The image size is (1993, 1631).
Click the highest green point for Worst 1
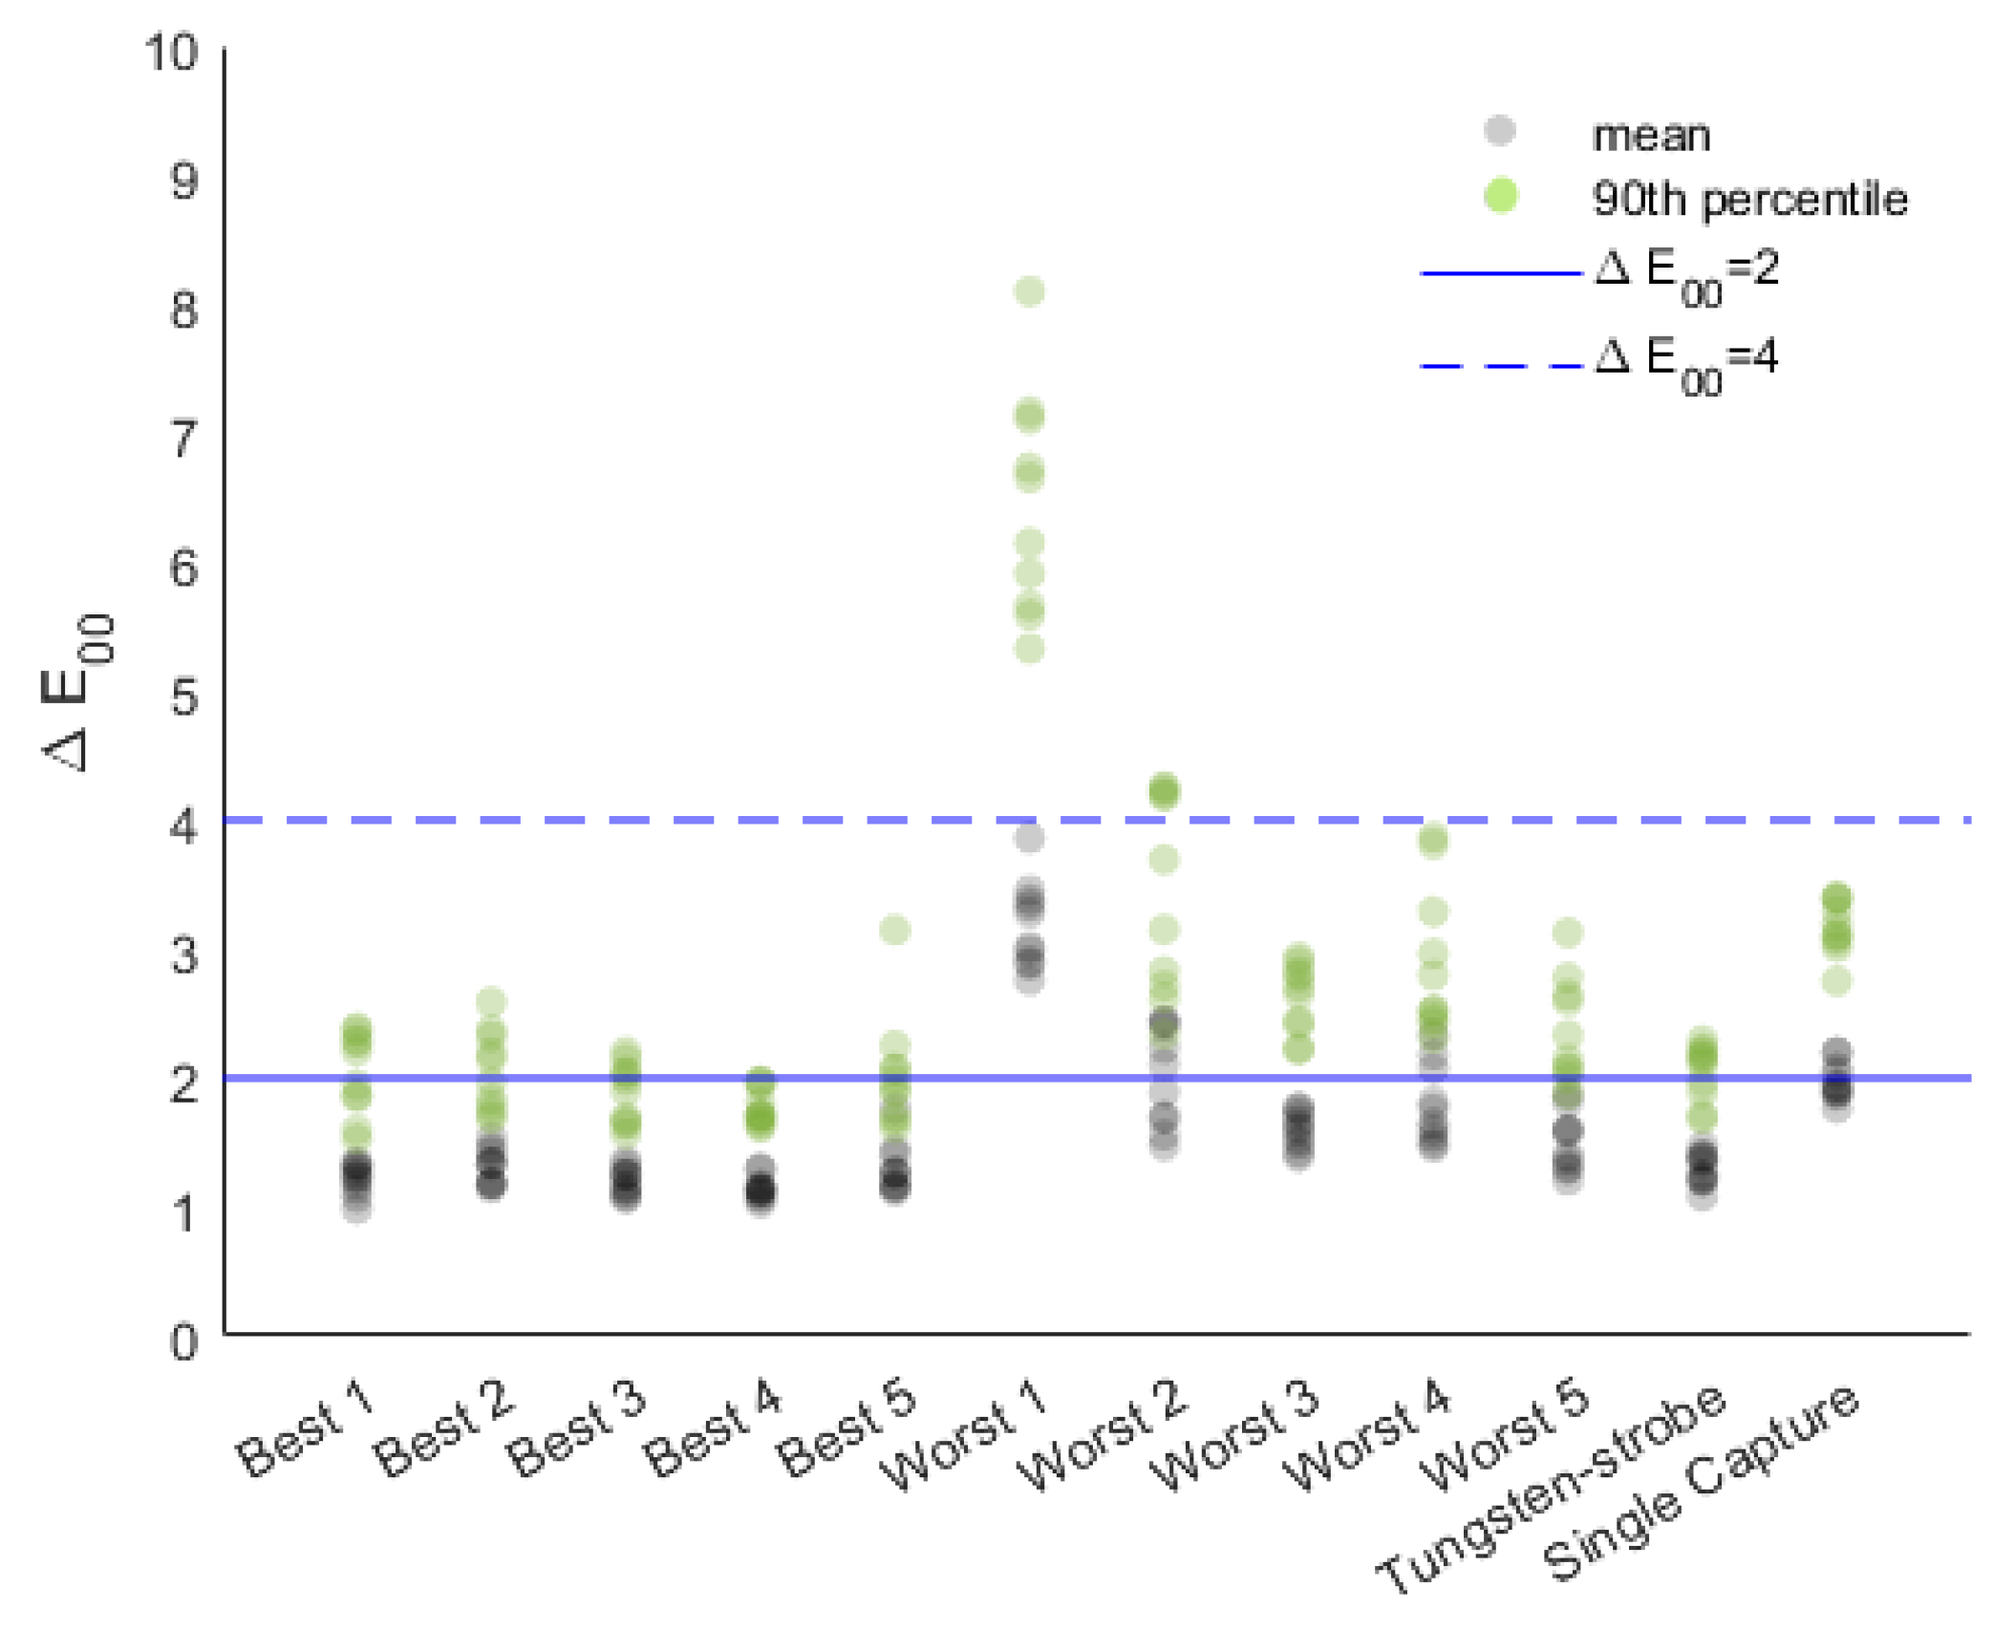[1029, 291]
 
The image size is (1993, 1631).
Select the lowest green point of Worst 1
[1029, 650]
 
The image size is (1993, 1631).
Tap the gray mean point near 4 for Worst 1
[1029, 839]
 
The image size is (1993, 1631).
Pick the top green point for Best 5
[894, 930]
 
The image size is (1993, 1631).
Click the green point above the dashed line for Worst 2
[1164, 791]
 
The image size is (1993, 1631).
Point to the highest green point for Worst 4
[1433, 842]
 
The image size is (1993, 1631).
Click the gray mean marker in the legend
[1500, 131]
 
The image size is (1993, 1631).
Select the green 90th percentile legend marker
[1500, 196]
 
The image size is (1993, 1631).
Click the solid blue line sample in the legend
[1500, 273]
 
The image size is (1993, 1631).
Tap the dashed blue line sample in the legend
[1500, 365]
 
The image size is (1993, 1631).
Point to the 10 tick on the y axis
[171, 53]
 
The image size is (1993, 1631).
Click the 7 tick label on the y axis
[183, 440]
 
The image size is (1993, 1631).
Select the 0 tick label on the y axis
[183, 1342]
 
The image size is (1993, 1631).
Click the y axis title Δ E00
[78, 692]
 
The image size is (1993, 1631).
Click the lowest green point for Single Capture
[1836, 981]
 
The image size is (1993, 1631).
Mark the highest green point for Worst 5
[1568, 933]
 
